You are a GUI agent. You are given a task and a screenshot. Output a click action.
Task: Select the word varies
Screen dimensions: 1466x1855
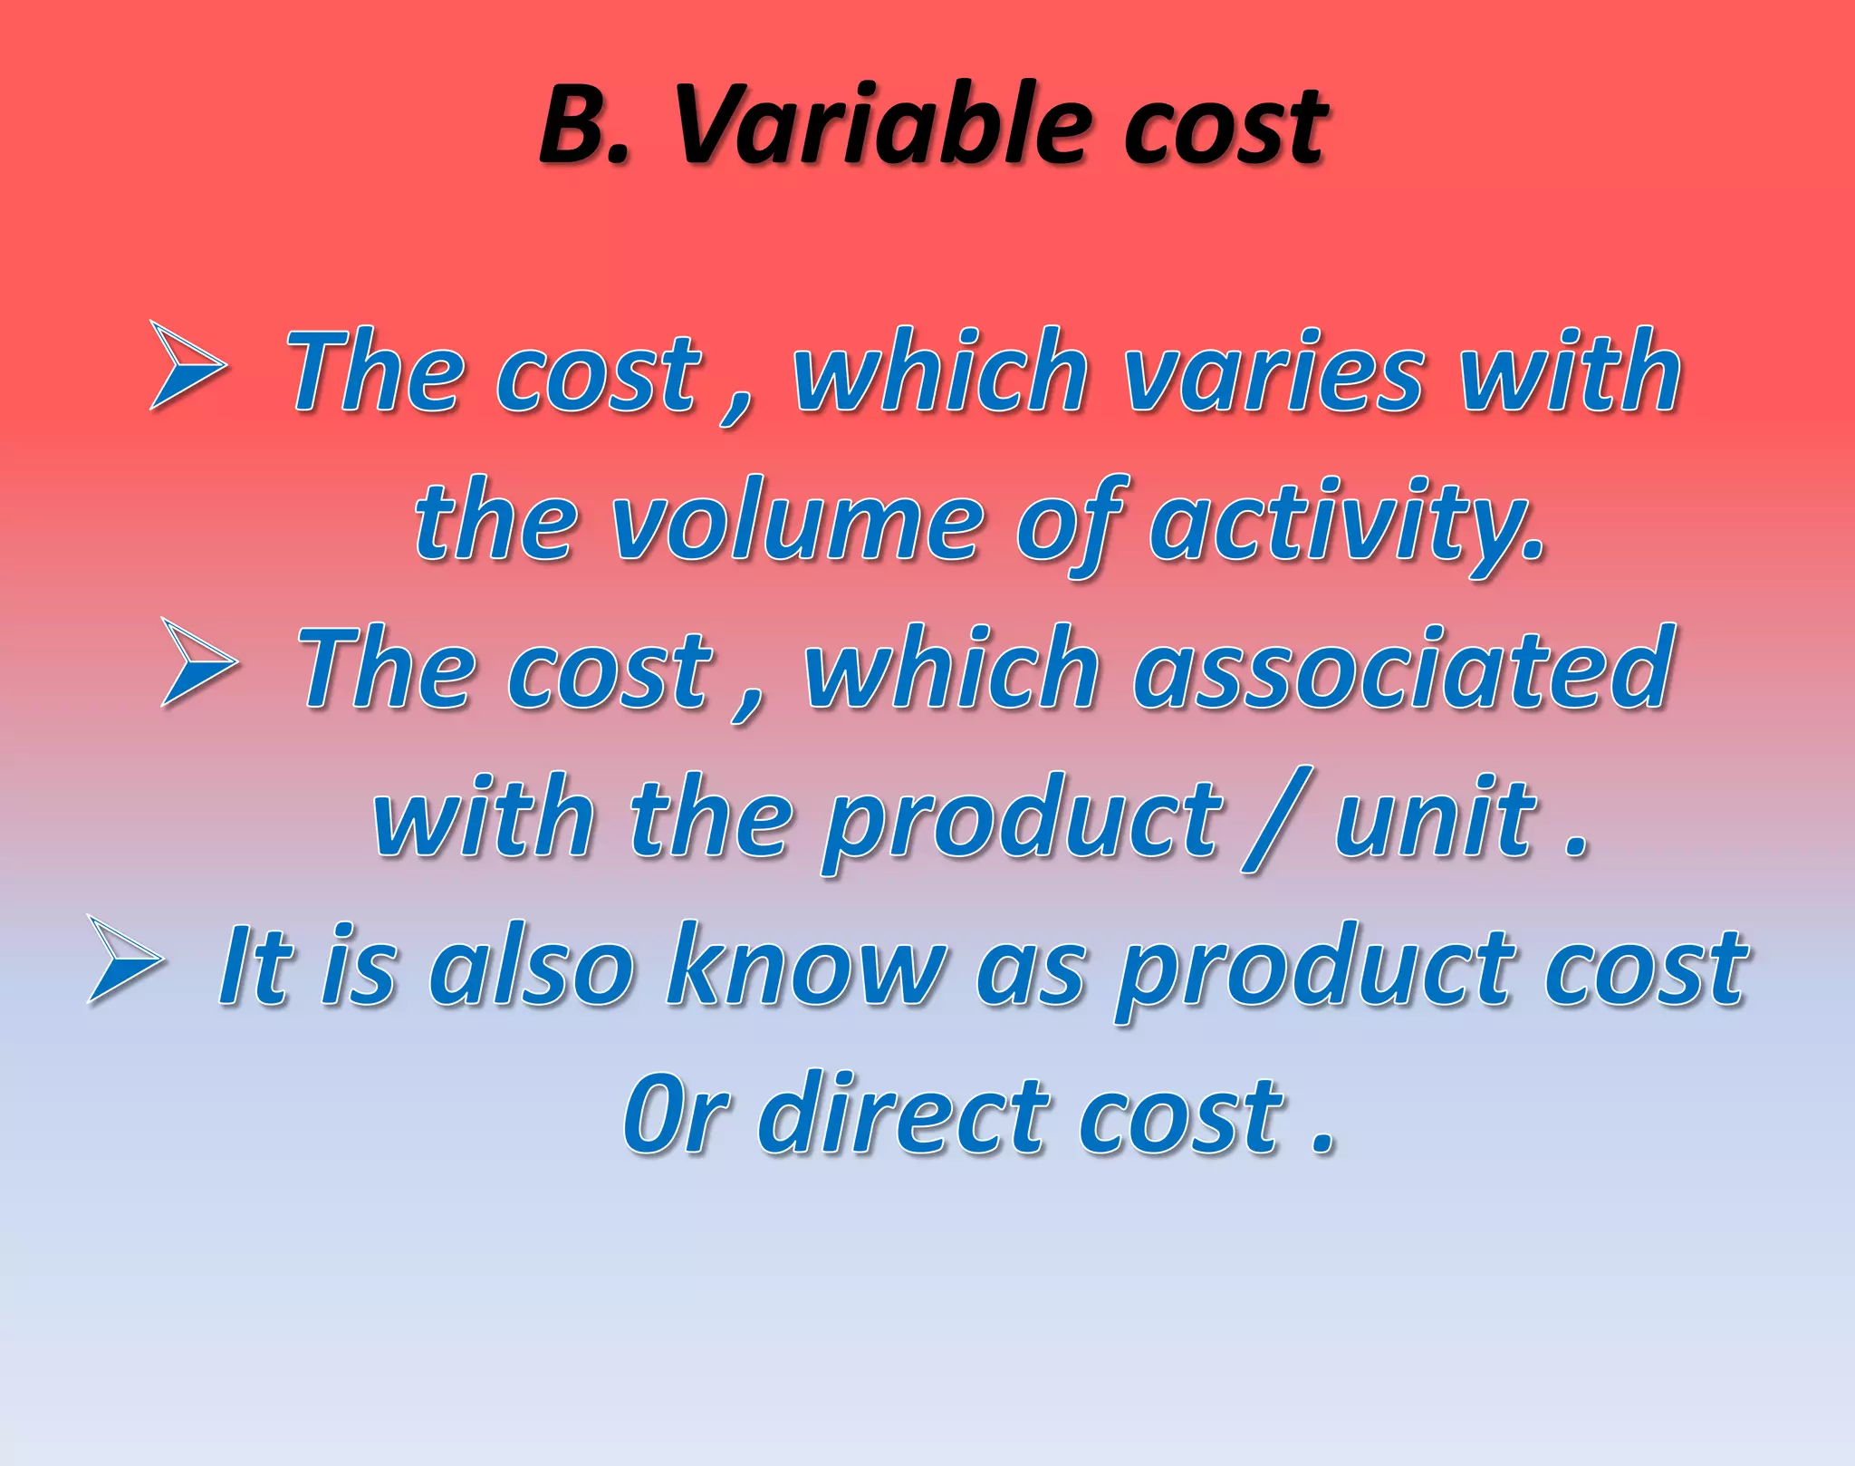[x=1272, y=371]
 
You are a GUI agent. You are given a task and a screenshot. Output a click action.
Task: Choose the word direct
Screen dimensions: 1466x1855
[x=906, y=1114]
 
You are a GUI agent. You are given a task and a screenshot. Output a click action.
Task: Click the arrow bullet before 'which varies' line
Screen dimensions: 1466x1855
[x=187, y=366]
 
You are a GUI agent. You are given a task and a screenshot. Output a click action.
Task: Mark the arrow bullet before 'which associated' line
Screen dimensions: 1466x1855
[x=199, y=662]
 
